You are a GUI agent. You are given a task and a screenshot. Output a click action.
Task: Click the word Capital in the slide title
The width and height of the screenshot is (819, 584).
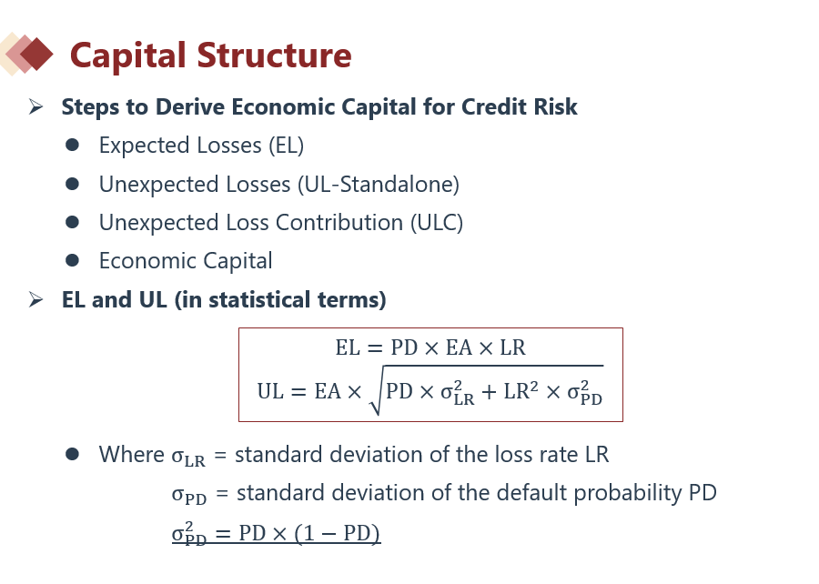point(127,55)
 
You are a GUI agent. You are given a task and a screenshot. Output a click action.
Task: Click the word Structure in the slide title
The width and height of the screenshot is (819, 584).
point(274,55)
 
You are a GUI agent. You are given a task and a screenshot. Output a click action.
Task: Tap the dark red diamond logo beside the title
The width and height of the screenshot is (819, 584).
point(36,54)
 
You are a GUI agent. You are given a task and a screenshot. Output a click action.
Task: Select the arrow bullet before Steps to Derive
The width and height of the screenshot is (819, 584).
point(35,107)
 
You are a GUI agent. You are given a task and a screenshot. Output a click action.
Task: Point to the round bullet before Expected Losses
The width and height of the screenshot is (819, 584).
point(72,145)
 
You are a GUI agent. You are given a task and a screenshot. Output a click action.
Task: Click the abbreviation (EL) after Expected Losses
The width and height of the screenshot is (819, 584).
point(287,146)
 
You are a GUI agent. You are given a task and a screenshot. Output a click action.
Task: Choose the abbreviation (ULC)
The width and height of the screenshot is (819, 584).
point(437,223)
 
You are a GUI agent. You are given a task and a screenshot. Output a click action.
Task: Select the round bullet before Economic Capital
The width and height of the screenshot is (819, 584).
point(72,260)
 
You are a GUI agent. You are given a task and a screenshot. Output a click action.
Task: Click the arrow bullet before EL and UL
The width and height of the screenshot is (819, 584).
point(35,299)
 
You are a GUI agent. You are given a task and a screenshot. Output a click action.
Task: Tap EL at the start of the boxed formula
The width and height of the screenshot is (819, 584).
point(348,347)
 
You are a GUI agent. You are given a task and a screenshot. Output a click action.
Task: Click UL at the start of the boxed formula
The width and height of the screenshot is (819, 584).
point(270,391)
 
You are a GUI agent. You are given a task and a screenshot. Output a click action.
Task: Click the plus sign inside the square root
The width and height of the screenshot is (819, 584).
point(489,392)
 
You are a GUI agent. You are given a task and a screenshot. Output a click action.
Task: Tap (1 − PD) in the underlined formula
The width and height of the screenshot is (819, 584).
point(337,533)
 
